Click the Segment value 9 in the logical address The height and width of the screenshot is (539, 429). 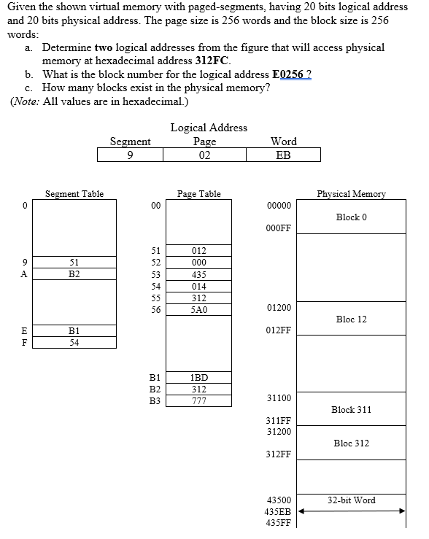click(129, 155)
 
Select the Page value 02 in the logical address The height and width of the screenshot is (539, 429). click(204, 155)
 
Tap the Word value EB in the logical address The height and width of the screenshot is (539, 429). click(283, 155)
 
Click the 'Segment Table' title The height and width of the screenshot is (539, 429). click(74, 194)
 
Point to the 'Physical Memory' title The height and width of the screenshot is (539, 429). click(352, 194)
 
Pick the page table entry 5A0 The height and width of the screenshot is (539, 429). click(198, 309)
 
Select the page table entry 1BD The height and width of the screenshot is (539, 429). click(198, 377)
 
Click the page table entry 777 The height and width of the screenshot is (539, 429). click(198, 400)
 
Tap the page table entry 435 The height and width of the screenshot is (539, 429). click(198, 274)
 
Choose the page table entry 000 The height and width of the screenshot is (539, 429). click(198, 263)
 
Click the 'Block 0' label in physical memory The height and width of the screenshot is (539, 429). click(352, 217)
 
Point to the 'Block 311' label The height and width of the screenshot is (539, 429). click(352, 410)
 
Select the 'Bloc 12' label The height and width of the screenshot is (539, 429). click(352, 319)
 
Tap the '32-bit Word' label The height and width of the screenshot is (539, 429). click(352, 500)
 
